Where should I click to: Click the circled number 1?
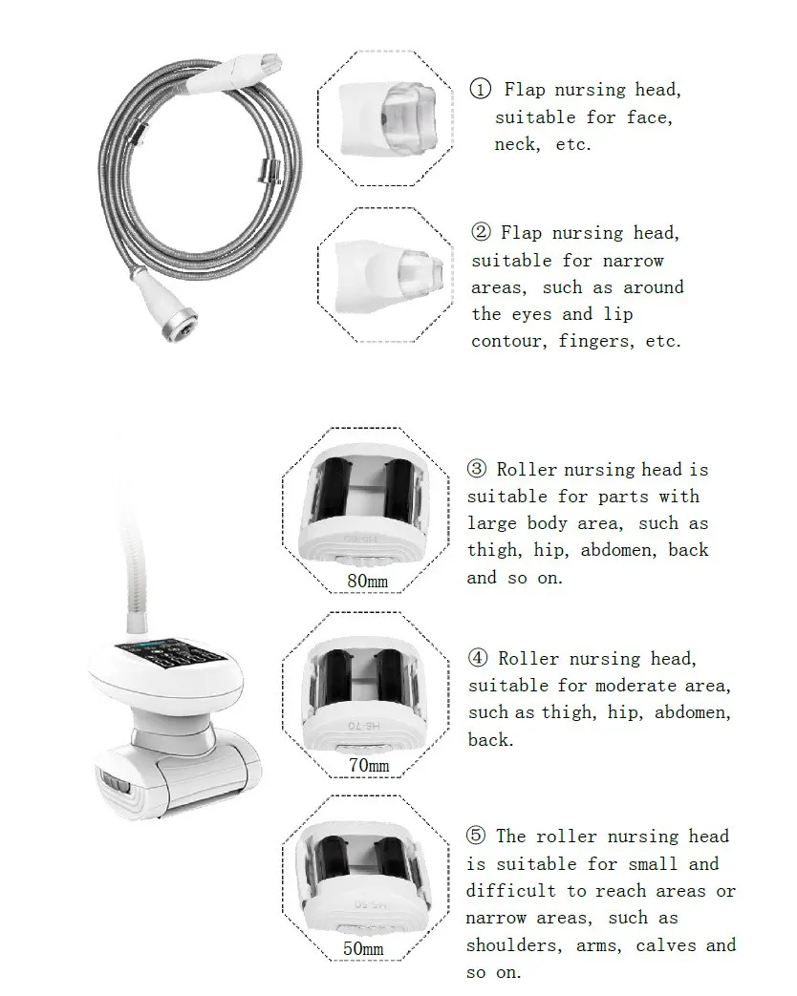point(480,90)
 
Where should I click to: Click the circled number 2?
point(481,233)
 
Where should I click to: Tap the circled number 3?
point(477,469)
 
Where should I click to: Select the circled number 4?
point(478,658)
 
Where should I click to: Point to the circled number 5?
point(476,837)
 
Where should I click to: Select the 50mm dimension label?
point(363,948)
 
